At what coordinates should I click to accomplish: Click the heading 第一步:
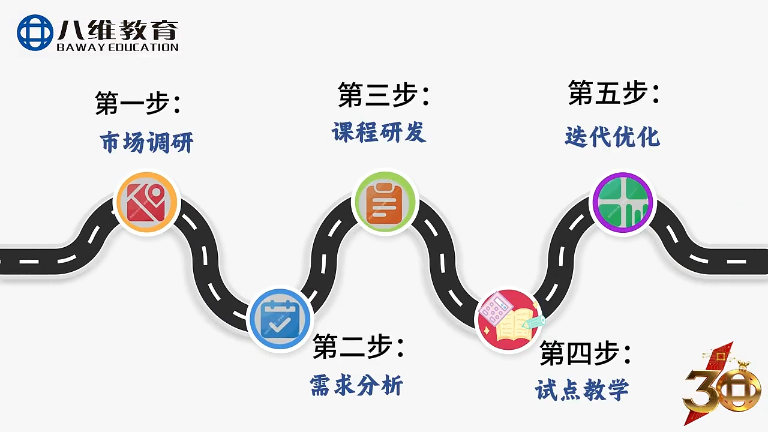tap(138, 103)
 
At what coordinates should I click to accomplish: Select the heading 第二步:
tap(358, 346)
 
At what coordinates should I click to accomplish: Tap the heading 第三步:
tap(383, 94)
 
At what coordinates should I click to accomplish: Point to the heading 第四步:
tap(585, 353)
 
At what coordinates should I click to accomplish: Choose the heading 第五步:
tap(614, 92)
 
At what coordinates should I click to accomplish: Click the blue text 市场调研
tap(147, 142)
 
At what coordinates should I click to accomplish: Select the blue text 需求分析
tap(356, 385)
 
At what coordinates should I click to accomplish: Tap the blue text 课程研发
tap(379, 132)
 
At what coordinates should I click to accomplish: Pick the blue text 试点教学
tap(582, 389)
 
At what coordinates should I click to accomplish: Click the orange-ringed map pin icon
tap(147, 202)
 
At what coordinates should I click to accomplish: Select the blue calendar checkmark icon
tap(280, 319)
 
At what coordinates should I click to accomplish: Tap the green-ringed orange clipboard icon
tap(385, 202)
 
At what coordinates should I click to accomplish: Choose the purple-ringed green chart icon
tap(623, 203)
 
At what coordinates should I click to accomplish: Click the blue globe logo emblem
tap(35, 32)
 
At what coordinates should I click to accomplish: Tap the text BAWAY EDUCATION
tap(118, 47)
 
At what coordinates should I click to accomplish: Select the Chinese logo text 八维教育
tap(118, 29)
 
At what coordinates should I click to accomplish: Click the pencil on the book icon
tap(533, 322)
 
